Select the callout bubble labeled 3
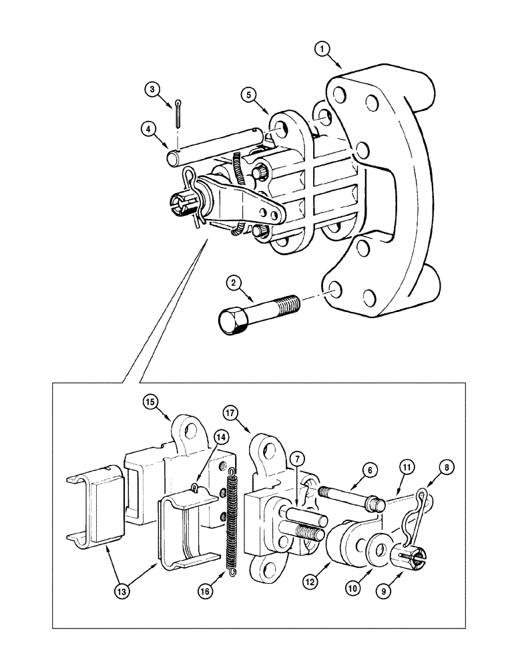153,89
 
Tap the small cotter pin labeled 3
180,114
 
